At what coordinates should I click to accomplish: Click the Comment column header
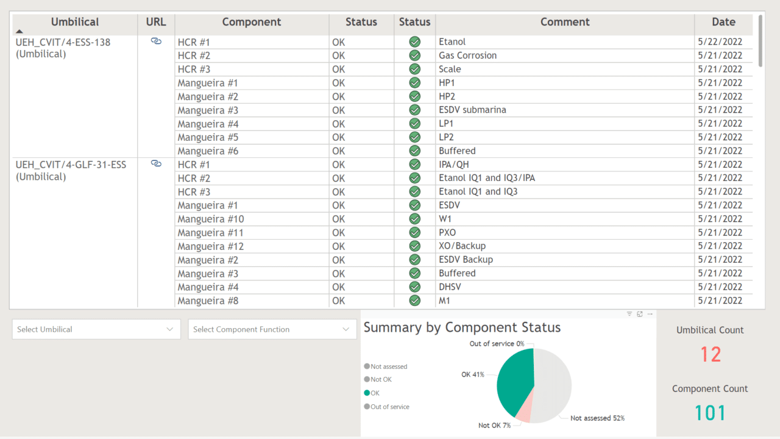coord(565,23)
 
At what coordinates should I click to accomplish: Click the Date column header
coord(723,23)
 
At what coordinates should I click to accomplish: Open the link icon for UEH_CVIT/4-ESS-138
coord(156,41)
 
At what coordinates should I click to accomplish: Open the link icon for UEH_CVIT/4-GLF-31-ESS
coord(156,164)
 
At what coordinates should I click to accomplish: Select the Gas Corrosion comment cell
coord(467,55)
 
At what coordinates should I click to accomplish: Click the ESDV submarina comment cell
coord(472,110)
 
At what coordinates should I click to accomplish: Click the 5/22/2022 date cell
coord(720,42)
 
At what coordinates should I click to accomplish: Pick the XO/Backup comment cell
coord(462,246)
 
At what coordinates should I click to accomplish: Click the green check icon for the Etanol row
coord(415,42)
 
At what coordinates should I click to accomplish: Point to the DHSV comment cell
coord(450,287)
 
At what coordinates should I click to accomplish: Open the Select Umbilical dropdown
coord(96,329)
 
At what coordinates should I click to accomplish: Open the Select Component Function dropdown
coord(272,329)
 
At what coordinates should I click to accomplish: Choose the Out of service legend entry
coord(389,407)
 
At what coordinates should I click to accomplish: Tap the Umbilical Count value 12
coord(711,355)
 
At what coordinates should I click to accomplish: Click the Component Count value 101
coord(711,413)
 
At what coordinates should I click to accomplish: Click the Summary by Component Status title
coord(462,327)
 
